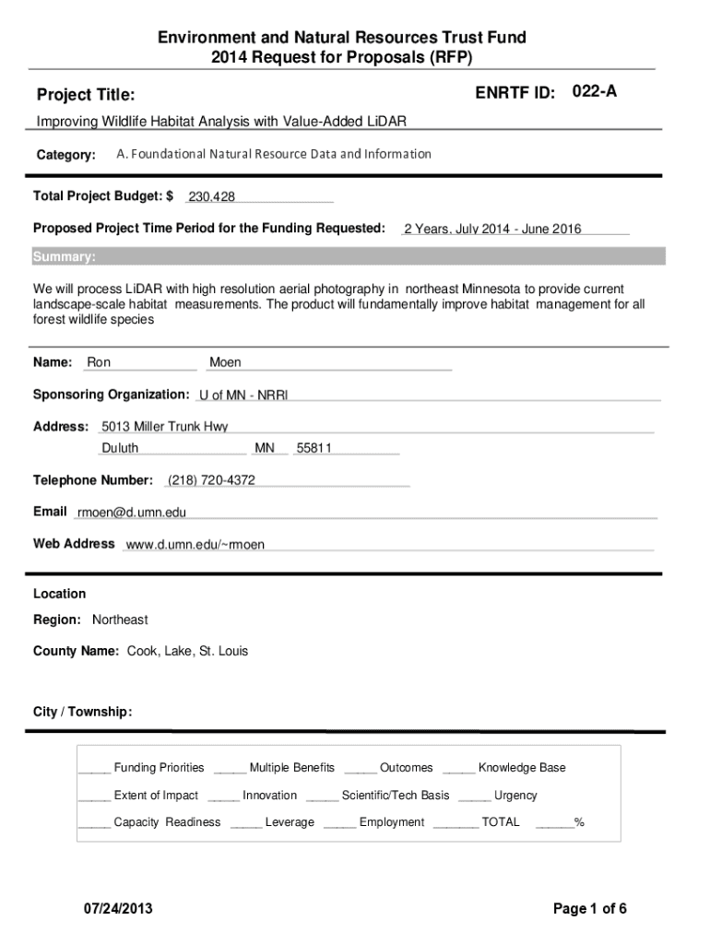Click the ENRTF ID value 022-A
click(595, 91)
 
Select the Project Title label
click(86, 95)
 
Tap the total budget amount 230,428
click(211, 196)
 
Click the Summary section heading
click(64, 256)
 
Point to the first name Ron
click(99, 363)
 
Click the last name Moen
click(225, 363)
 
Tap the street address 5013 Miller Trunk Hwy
click(164, 427)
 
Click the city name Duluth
click(120, 448)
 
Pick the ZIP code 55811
click(314, 448)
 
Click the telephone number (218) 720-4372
click(211, 480)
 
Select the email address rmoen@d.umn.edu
click(132, 513)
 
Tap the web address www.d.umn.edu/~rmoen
click(195, 545)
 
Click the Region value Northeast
click(120, 619)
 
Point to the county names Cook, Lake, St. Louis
click(181, 651)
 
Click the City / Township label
click(83, 712)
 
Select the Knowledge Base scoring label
click(522, 768)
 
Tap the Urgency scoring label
click(515, 796)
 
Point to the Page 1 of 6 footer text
click(590, 909)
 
